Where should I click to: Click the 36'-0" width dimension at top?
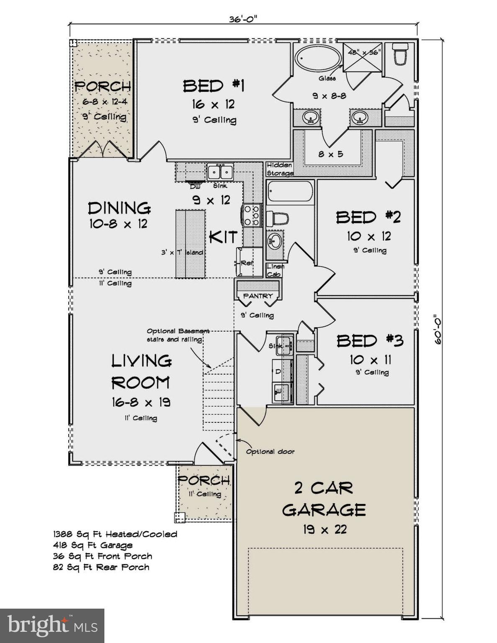242,19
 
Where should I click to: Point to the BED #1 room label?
214,86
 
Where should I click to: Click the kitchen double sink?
220,172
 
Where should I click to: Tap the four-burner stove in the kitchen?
251,215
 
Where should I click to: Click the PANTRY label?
258,296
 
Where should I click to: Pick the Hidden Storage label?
280,169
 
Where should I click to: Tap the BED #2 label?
368,217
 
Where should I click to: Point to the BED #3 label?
370,341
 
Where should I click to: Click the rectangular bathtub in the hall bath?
290,192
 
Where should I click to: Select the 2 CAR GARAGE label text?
324,499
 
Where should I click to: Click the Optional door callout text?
270,452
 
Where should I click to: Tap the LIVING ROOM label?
141,371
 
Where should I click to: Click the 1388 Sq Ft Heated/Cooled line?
115,534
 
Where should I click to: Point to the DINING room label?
119,208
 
